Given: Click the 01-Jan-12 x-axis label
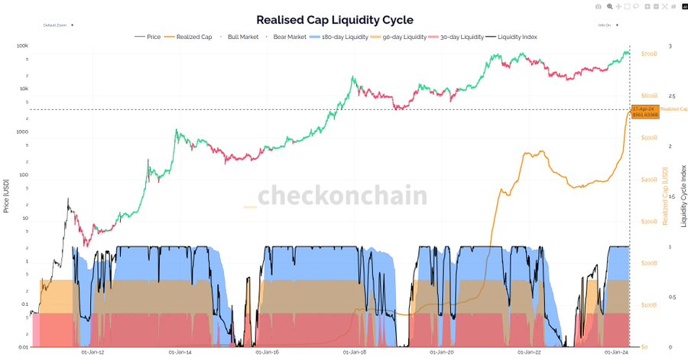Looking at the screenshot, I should tap(92, 352).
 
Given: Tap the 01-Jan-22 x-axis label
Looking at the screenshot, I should tap(530, 352).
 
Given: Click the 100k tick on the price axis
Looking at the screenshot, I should tap(22, 47).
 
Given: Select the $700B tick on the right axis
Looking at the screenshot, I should tap(649, 54).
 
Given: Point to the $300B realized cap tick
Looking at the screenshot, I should tap(649, 222).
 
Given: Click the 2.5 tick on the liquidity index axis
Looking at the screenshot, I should tap(673, 96).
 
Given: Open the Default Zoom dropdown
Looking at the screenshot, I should tap(59, 25).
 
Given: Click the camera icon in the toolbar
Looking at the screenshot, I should tap(599, 6).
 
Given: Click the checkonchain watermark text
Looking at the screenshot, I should tap(342, 196).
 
